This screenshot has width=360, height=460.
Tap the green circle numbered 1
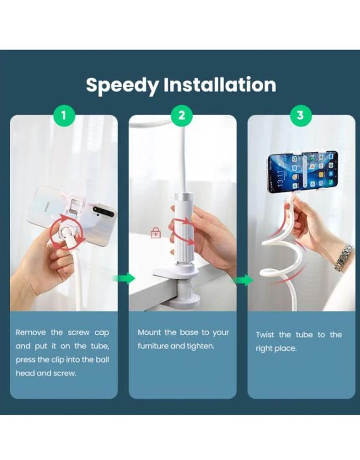pos(64,115)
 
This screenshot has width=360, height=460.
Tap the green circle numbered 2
pos(182,115)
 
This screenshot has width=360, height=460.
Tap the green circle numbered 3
pos(301,115)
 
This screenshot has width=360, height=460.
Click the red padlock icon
pos(156,233)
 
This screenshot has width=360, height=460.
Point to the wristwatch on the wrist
pos(343,258)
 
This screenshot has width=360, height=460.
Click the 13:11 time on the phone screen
pos(280,178)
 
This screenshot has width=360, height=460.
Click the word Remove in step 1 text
pos(31,333)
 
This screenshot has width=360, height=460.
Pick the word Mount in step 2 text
pos(150,333)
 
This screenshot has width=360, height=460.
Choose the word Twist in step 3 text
pos(265,335)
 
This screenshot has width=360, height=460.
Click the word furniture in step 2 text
pos(153,346)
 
